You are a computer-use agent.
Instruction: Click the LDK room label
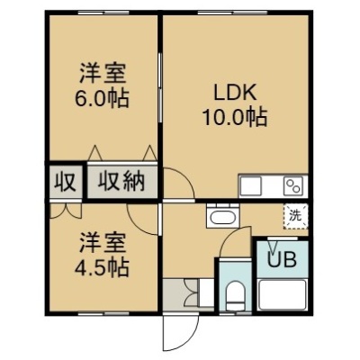pos(235,92)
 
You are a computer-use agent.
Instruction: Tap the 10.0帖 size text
pos(235,117)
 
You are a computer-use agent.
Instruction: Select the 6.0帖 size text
pos(103,98)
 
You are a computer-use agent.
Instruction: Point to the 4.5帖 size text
pos(103,267)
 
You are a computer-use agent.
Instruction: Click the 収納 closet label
pos(121,181)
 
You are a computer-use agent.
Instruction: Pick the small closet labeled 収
pos(65,181)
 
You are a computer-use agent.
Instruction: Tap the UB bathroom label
pos(282,259)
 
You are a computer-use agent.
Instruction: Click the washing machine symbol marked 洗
pos(295,216)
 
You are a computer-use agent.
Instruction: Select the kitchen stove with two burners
pos(293,185)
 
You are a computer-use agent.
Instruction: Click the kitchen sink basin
pos(251,186)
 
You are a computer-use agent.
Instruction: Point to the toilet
pos(235,295)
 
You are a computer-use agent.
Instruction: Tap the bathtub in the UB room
pos(282,294)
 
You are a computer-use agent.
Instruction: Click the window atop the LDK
pos(232,13)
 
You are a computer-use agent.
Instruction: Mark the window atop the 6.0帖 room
pos(103,13)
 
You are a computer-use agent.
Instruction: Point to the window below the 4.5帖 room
pos(103,313)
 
